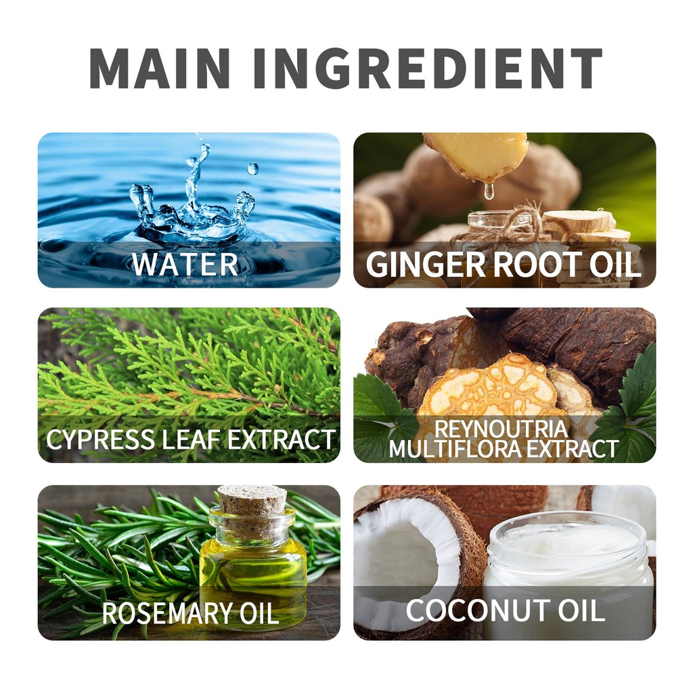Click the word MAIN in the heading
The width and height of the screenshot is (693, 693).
pyautogui.click(x=160, y=68)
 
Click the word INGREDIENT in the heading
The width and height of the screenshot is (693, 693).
pyautogui.click(x=428, y=68)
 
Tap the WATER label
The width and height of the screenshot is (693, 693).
pyautogui.click(x=185, y=265)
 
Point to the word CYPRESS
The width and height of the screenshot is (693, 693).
pyautogui.click(x=100, y=439)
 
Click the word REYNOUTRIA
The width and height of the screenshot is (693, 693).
pyautogui.click(x=501, y=428)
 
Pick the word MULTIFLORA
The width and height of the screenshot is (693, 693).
pyautogui.click(x=454, y=449)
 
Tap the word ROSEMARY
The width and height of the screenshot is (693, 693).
pyautogui.click(x=168, y=613)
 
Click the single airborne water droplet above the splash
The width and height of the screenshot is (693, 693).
pyautogui.click(x=253, y=169)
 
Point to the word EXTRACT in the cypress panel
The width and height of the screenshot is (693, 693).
pyautogui.click(x=282, y=439)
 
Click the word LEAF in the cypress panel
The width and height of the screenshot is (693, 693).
pyautogui.click(x=191, y=439)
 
